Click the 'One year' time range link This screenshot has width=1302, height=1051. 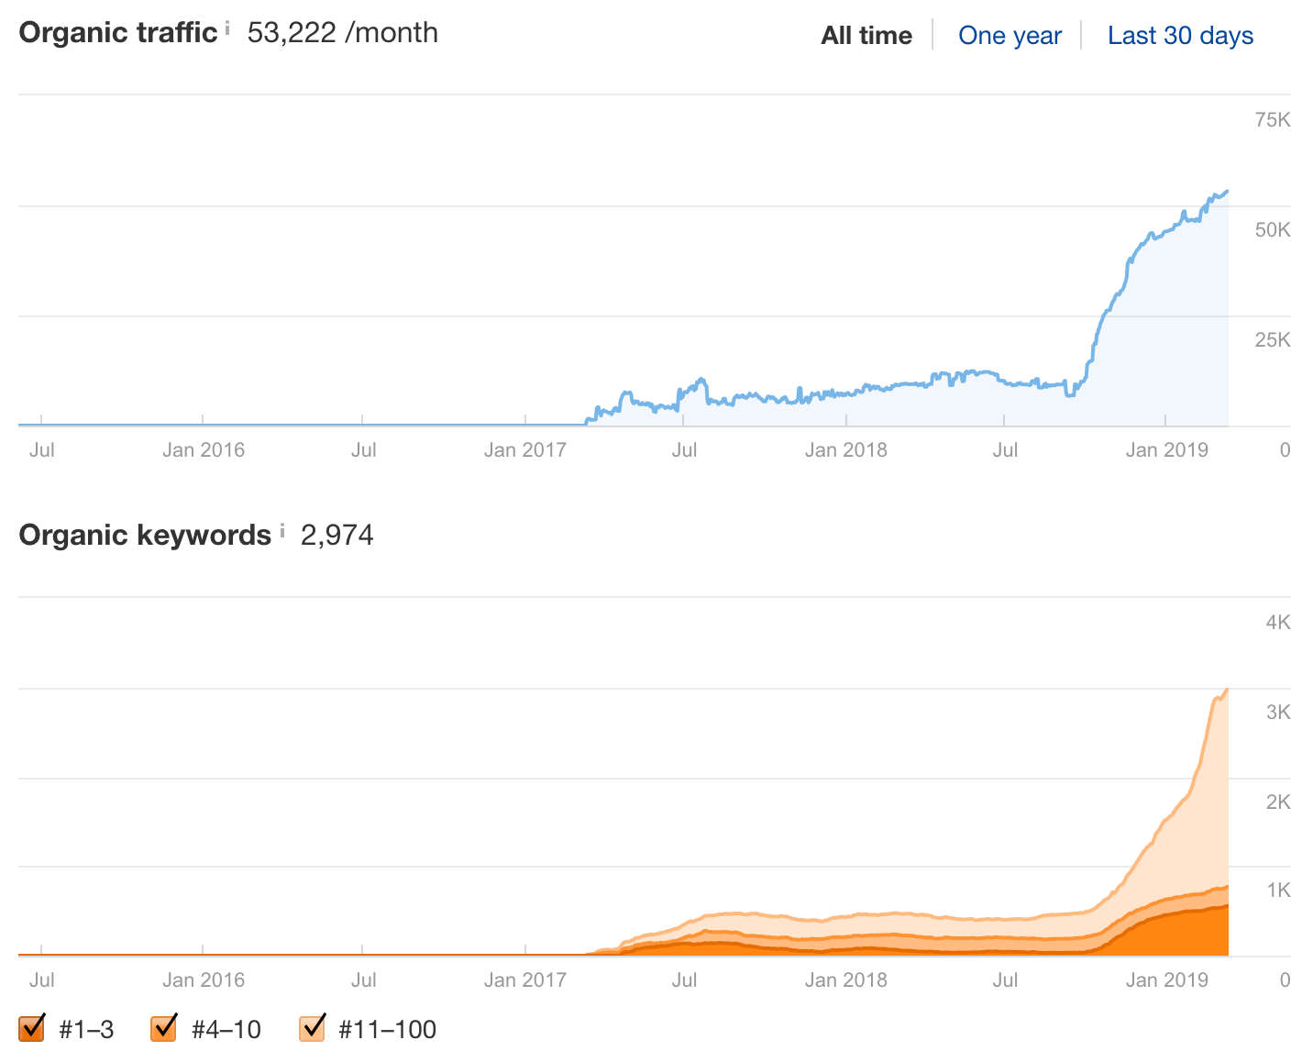pyautogui.click(x=1010, y=36)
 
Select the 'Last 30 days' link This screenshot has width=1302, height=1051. pyautogui.click(x=1180, y=36)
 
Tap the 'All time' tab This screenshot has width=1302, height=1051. pyautogui.click(x=866, y=36)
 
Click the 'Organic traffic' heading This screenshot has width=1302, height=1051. pyautogui.click(x=118, y=33)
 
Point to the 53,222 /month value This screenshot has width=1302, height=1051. pyautogui.click(x=343, y=33)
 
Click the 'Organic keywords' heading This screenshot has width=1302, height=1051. pyautogui.click(x=145, y=535)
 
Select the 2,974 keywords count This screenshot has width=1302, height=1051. pyautogui.click(x=337, y=535)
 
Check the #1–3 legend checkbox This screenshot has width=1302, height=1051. pyautogui.click(x=32, y=1028)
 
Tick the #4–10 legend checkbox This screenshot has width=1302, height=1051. pyautogui.click(x=164, y=1028)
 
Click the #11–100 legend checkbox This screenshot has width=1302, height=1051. pyautogui.click(x=313, y=1028)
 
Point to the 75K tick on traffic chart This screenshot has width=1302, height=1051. pyautogui.click(x=1273, y=119)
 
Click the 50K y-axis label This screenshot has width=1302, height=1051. pyautogui.click(x=1273, y=229)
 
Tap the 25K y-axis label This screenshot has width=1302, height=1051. pyautogui.click(x=1273, y=340)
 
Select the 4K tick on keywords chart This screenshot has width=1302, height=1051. pyautogui.click(x=1278, y=623)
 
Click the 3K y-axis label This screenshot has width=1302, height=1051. pyautogui.click(x=1278, y=713)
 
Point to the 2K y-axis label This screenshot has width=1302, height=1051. pyautogui.click(x=1278, y=802)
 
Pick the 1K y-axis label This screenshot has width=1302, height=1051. pyautogui.click(x=1278, y=891)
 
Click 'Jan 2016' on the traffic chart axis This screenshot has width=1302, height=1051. pyautogui.click(x=204, y=450)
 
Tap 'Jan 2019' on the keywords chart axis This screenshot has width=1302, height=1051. pyautogui.click(x=1166, y=980)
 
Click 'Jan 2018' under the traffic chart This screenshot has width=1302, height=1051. pyautogui.click(x=845, y=450)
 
